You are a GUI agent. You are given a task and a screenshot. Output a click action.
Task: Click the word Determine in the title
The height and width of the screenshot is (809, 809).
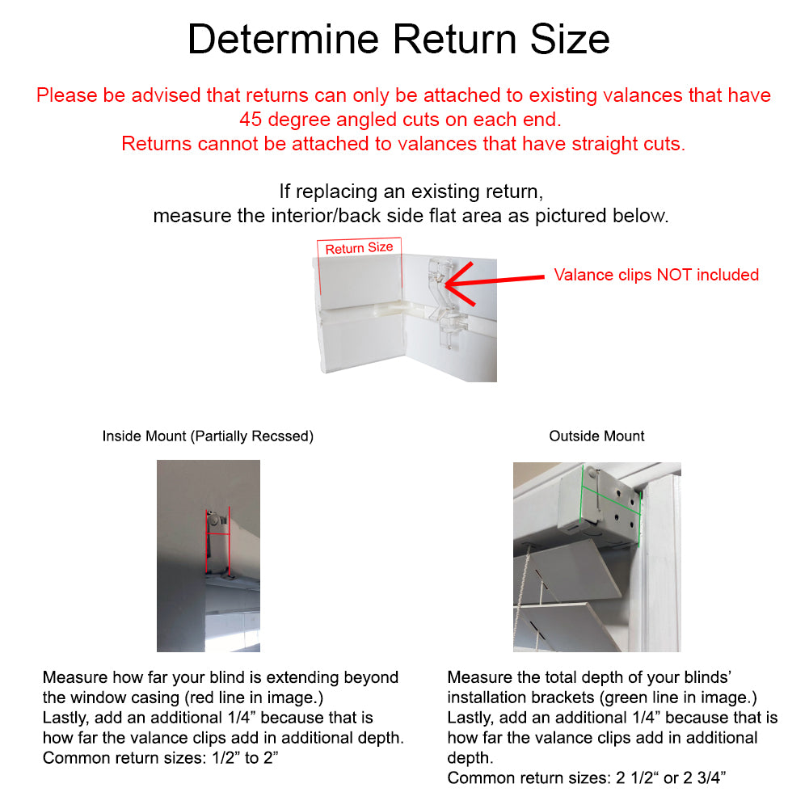click(283, 40)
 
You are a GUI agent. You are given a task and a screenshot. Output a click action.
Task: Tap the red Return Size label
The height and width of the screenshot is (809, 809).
click(359, 248)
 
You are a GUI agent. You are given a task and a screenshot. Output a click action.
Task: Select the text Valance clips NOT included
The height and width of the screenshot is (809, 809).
click(656, 275)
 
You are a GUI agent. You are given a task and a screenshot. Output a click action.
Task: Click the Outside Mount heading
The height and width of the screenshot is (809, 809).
click(596, 436)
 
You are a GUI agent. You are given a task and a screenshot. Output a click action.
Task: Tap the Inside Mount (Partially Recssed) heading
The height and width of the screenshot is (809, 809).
click(208, 436)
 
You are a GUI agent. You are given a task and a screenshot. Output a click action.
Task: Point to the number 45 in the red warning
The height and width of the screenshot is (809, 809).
click(251, 120)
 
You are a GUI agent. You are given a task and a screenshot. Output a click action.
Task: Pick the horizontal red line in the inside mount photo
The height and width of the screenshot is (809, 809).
click(218, 534)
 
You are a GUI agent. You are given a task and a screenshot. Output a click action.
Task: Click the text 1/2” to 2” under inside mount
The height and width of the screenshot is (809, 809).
click(245, 757)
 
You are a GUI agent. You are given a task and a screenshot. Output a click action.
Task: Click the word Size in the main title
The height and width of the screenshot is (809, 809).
click(570, 40)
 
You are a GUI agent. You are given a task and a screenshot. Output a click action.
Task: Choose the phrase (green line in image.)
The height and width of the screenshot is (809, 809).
click(678, 697)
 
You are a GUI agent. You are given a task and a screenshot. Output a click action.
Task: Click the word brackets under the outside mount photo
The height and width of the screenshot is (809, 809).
click(562, 697)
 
